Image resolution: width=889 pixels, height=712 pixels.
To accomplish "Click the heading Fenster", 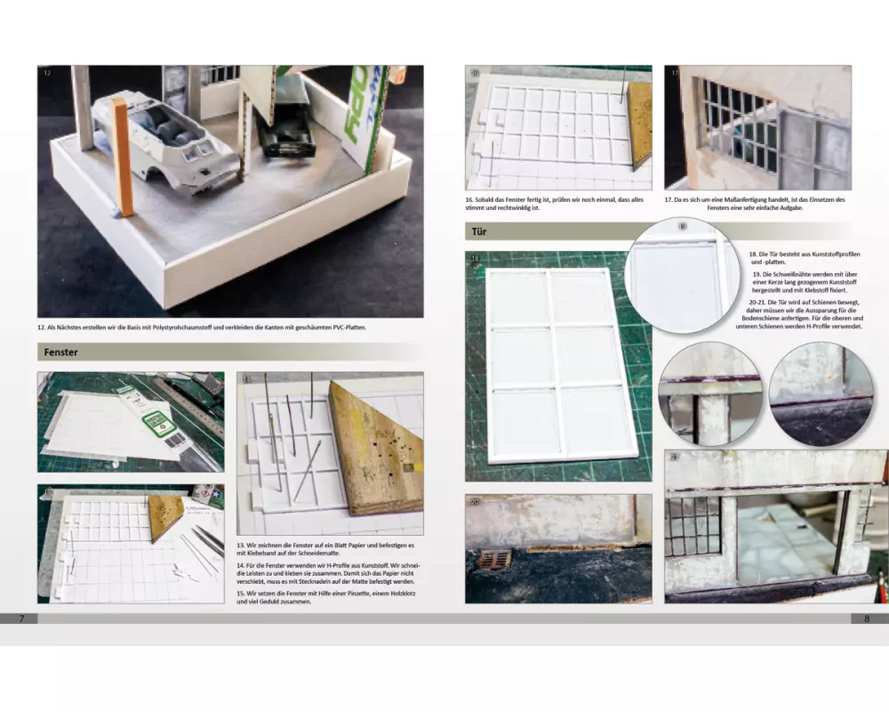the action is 60,352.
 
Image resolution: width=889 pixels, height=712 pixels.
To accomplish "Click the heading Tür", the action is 479,231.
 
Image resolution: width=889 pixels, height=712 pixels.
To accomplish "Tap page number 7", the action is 21,619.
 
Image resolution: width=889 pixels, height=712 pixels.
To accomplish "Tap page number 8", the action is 866,619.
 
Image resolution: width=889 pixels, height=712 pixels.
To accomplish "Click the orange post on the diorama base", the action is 123,157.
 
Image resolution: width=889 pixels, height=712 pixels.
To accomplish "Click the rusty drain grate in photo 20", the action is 493,560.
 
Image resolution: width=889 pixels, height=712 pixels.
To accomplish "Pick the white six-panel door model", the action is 558,366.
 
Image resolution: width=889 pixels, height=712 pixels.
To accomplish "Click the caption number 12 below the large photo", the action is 42,328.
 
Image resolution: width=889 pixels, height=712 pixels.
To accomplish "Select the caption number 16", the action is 469,200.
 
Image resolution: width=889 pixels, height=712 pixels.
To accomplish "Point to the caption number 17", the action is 669,200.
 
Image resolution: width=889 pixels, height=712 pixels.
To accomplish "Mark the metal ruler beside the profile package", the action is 187,400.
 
